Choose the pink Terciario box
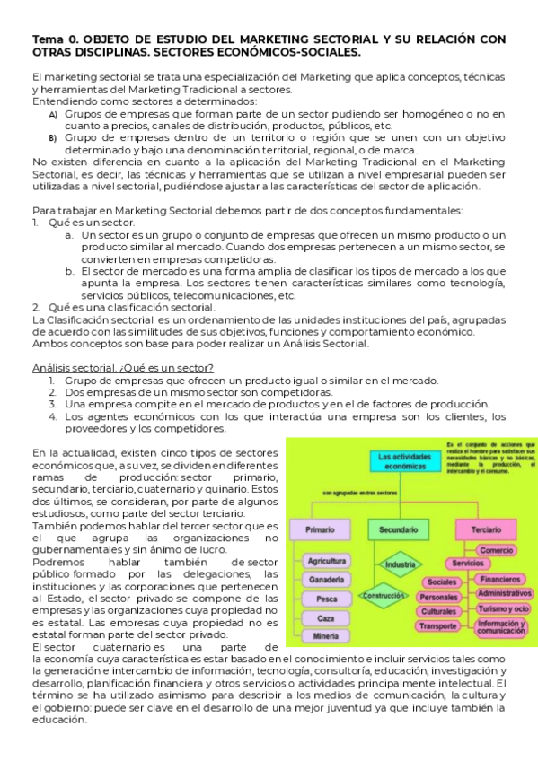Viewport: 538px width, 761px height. pos(486,530)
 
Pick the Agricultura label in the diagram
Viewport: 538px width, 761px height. pos(327,561)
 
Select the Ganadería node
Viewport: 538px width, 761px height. pos(327,580)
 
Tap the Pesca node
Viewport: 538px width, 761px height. pos(327,599)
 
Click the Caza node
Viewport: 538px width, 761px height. pos(327,617)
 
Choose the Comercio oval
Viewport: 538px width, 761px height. pos(496,549)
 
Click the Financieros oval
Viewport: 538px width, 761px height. pos(503,579)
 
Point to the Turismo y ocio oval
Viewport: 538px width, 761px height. pos(503,608)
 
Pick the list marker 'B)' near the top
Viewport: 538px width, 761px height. pos(52,138)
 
